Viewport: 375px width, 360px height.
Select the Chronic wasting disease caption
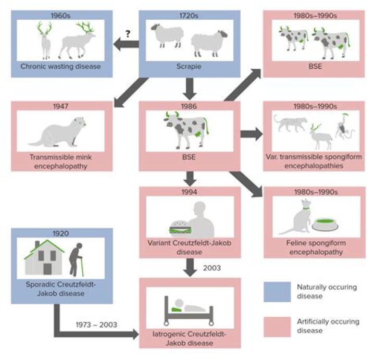60,66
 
